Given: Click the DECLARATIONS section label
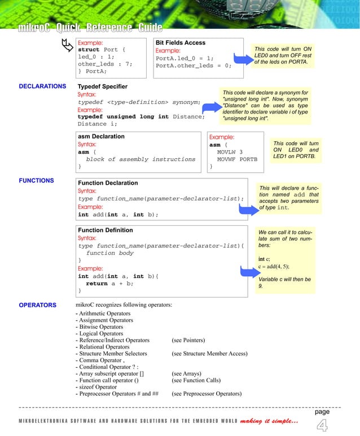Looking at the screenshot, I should click(42, 86).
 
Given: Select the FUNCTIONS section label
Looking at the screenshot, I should click(37, 181).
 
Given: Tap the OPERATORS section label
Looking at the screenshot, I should click(38, 306).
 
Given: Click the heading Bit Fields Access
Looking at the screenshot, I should click(181, 43).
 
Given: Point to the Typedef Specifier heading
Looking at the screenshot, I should click(103, 86).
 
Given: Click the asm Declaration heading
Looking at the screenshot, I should click(101, 137).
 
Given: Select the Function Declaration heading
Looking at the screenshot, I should click(108, 183).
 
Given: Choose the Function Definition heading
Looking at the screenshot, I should click(106, 230).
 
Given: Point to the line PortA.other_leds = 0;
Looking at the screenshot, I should click(194, 66).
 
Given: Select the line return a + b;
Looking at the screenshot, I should click(109, 284).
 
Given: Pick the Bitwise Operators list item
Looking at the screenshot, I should click(99, 327).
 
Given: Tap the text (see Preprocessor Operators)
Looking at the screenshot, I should click(207, 394).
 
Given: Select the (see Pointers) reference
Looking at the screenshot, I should click(188, 341).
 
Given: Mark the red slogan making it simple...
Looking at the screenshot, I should click(269, 421).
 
